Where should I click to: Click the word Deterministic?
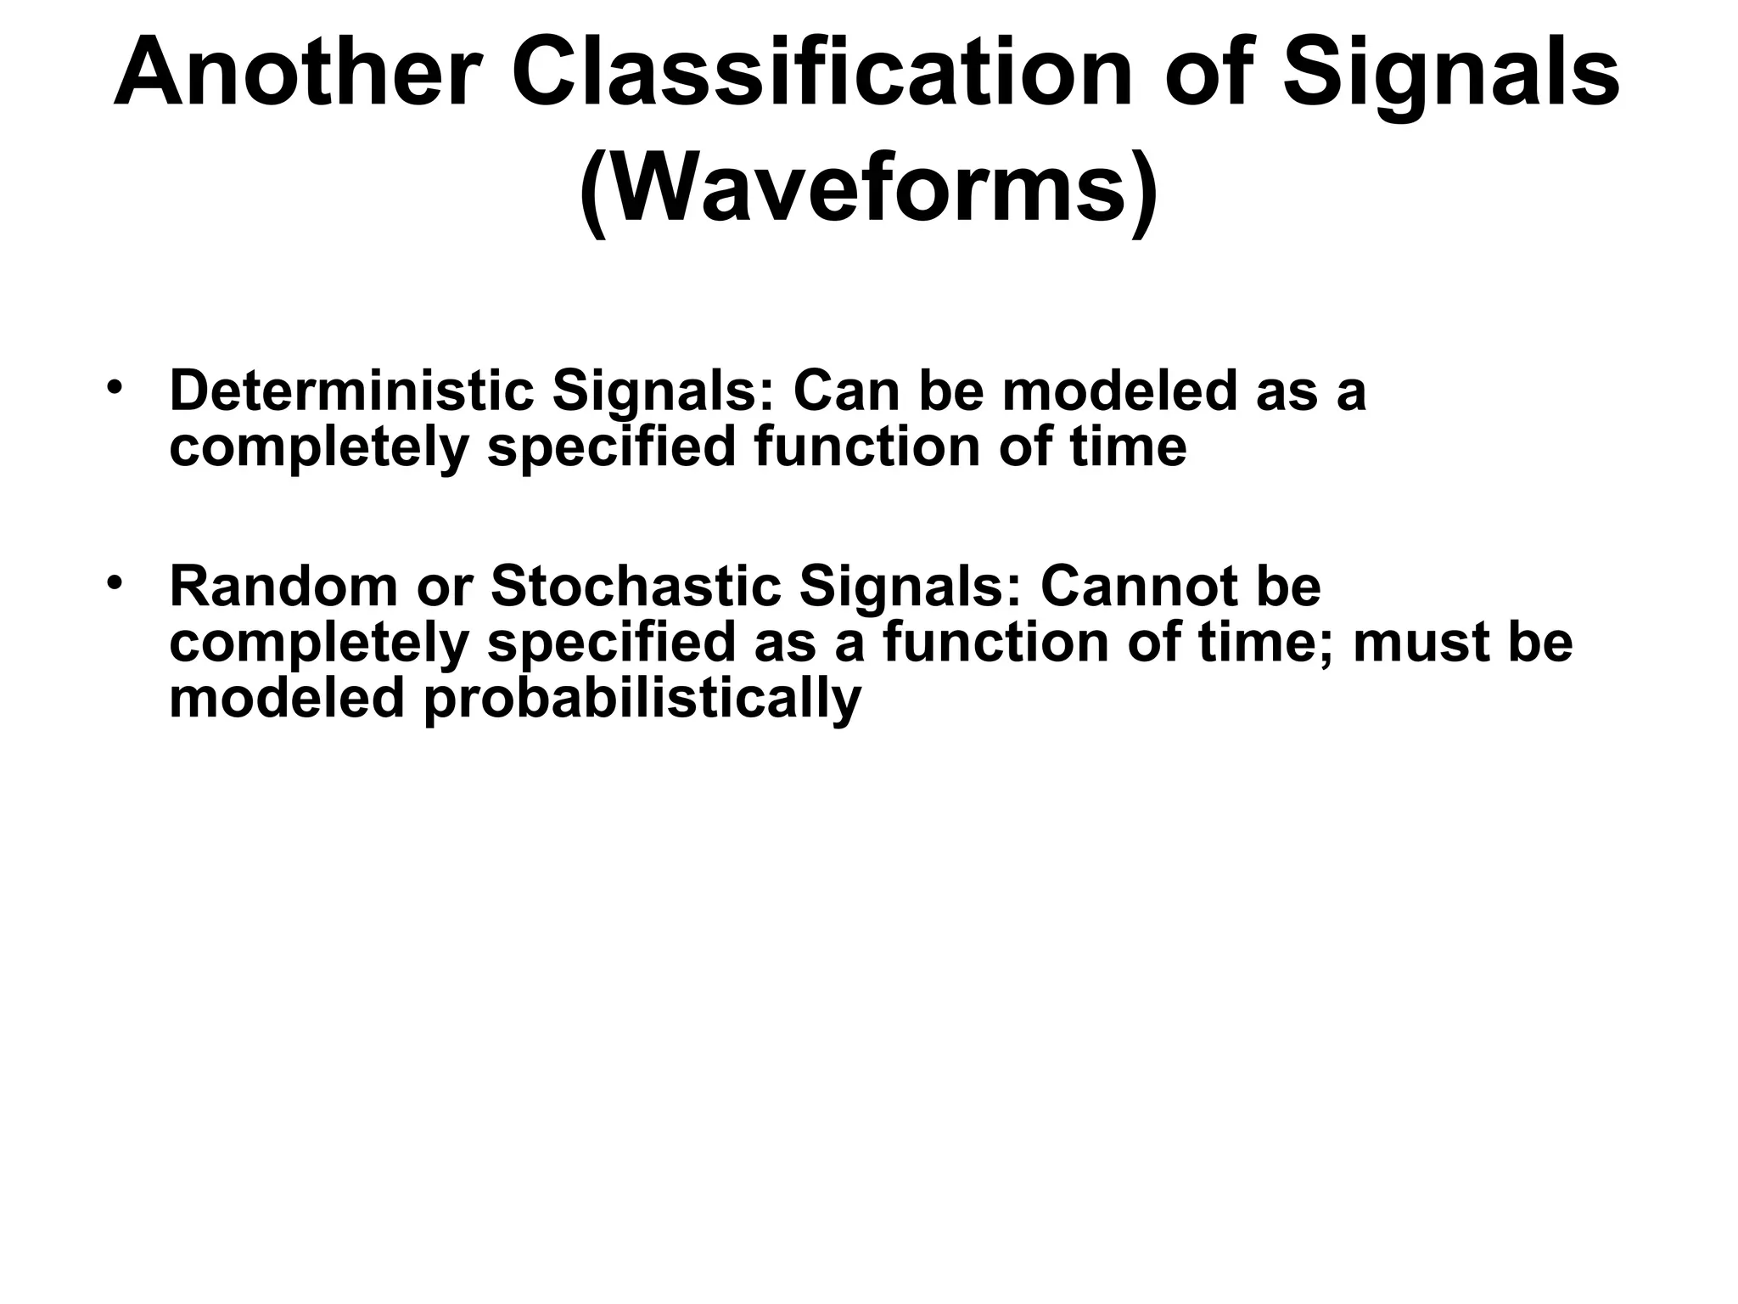click(352, 391)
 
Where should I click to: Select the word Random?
click(284, 587)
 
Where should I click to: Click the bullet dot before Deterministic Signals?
click(115, 388)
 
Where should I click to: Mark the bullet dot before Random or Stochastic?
click(115, 583)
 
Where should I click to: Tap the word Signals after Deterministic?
click(664, 391)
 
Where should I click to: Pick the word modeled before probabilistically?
click(287, 699)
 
